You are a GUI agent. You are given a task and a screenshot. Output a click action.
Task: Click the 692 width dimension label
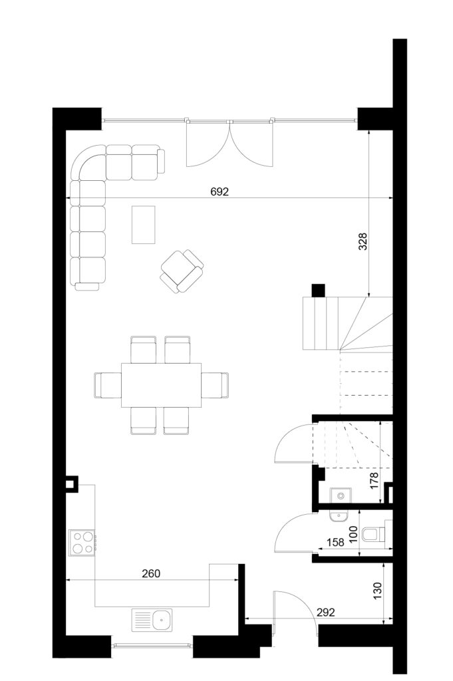tap(220, 192)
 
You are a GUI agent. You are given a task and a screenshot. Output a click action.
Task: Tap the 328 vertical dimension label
tap(363, 241)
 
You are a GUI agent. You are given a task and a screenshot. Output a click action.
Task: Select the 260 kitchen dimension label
tap(151, 573)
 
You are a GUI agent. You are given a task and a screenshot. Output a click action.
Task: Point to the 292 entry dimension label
tap(326, 613)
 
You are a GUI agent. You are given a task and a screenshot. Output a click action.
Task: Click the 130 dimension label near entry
tap(377, 591)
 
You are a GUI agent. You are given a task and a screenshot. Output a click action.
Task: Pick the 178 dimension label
tap(374, 481)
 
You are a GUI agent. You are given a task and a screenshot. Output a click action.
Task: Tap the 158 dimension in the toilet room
tap(335, 542)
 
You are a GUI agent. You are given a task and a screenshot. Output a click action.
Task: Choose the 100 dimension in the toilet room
tap(353, 535)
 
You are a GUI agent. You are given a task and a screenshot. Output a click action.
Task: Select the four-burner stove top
tap(82, 543)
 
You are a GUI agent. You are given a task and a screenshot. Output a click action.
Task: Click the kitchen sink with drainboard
tap(152, 620)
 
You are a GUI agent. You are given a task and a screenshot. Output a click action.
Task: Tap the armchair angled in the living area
tap(182, 271)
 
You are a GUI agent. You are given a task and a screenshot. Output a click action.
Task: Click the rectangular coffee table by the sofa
tap(144, 225)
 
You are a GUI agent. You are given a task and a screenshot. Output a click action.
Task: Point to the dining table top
tap(162, 385)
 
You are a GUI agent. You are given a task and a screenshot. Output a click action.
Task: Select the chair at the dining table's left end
tap(108, 385)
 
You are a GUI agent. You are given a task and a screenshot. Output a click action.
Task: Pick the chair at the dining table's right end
tap(215, 385)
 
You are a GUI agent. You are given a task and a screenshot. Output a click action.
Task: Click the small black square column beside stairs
tap(319, 291)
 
